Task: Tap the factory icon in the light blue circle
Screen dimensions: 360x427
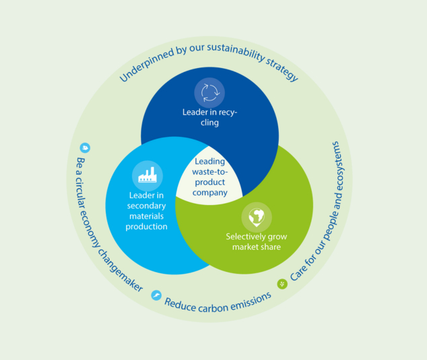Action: pos(147,175)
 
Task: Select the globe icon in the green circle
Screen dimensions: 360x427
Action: pos(257,216)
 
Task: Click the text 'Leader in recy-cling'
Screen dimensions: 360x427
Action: pos(209,117)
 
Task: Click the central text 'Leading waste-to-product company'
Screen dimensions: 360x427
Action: pos(209,177)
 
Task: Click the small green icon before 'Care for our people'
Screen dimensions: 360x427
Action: pos(282,283)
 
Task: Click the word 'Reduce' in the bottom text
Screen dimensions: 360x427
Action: pos(180,301)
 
